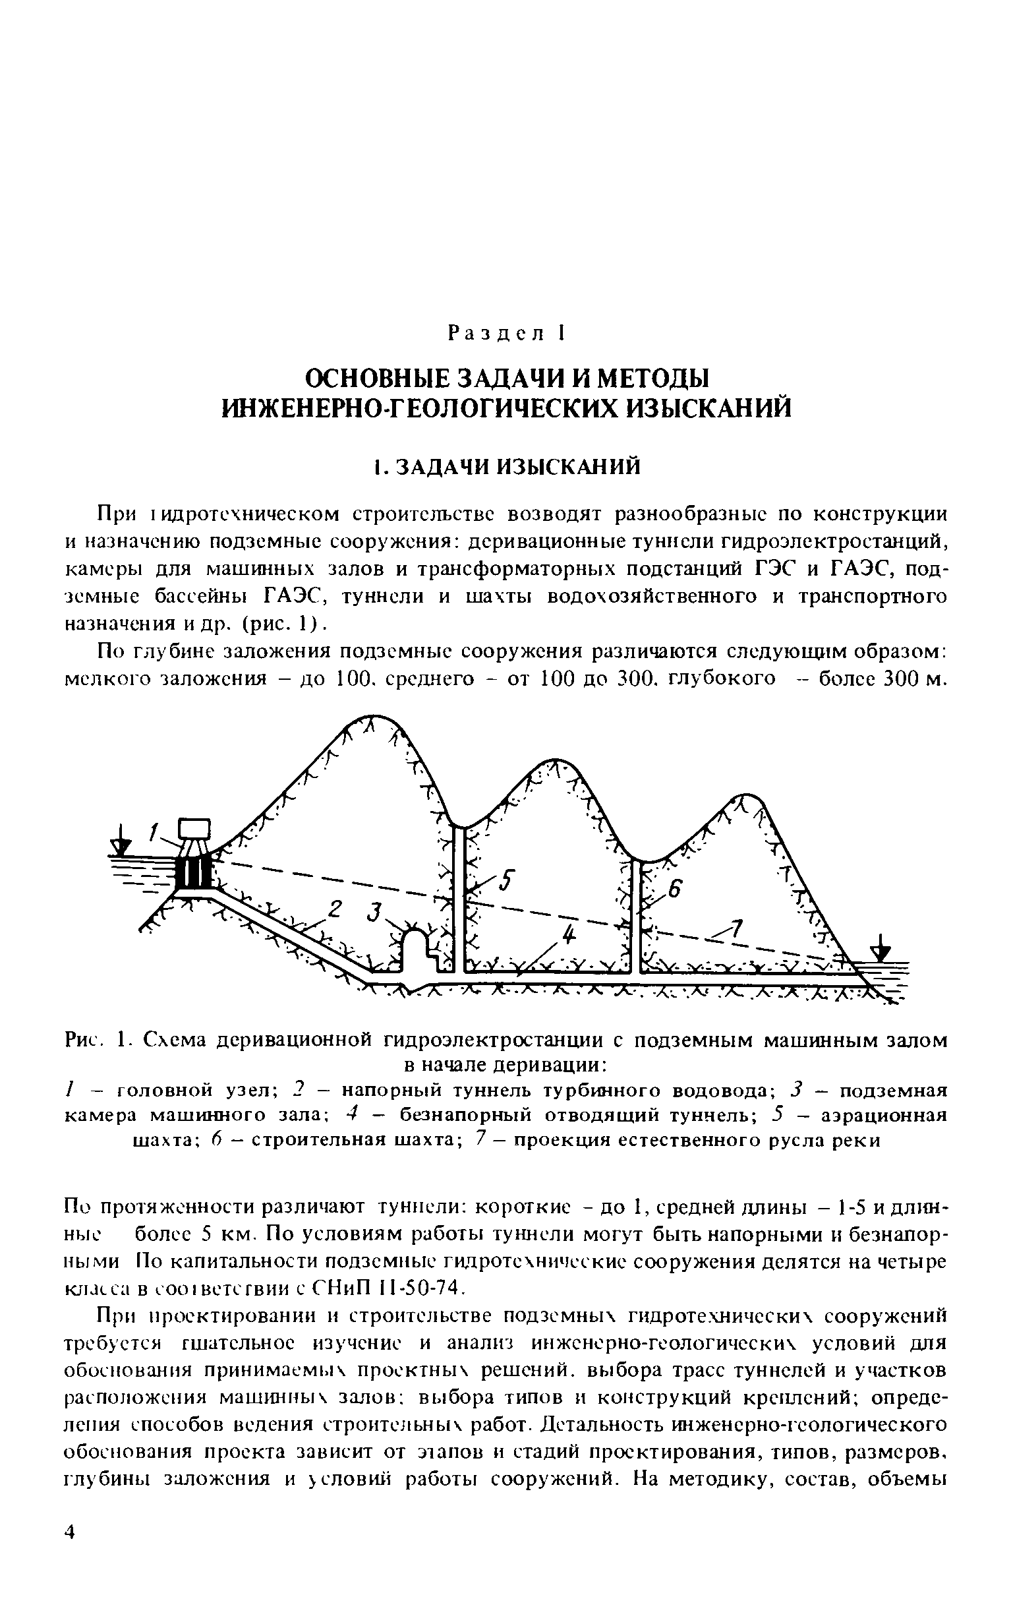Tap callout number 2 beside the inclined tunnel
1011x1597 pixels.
pyautogui.click(x=334, y=911)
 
